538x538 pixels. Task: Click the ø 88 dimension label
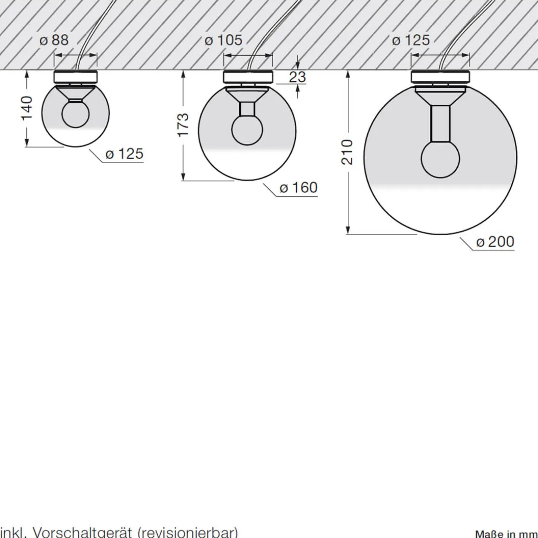(54, 40)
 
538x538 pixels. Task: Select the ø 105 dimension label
(224, 40)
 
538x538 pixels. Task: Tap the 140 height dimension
(27, 108)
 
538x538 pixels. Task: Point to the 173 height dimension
(183, 124)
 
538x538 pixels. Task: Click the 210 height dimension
(347, 152)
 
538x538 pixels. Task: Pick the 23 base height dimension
(297, 77)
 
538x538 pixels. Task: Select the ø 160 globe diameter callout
(298, 188)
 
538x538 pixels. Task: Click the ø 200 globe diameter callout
(495, 242)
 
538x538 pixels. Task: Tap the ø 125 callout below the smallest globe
(124, 154)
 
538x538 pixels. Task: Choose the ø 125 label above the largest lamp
(411, 40)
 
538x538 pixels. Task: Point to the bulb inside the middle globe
(247, 130)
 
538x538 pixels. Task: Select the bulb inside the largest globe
(440, 159)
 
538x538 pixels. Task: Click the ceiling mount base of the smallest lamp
(76, 77)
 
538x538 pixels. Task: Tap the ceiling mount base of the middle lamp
(248, 77)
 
